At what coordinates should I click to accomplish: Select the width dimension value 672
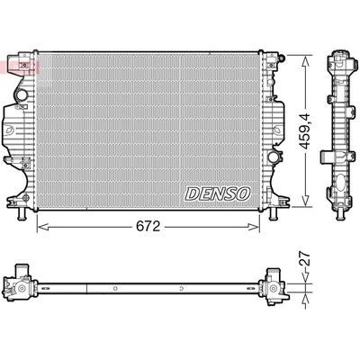point(149,229)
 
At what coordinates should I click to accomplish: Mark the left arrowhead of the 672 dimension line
point(40,229)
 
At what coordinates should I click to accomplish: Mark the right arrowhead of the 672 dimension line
point(267,229)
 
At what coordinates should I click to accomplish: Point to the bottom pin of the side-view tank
point(341,213)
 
